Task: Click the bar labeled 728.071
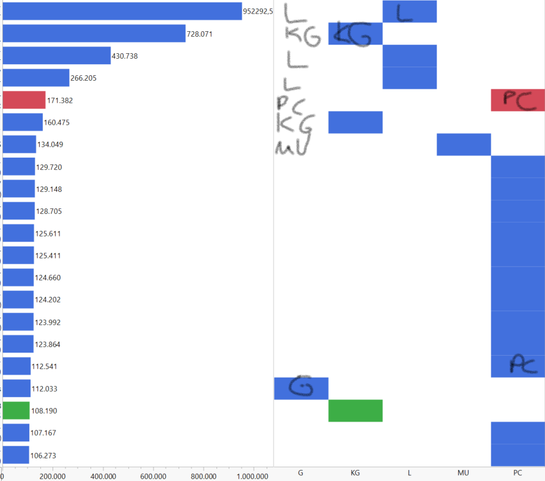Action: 94,34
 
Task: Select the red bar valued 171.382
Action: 24,100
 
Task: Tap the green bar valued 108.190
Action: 16,411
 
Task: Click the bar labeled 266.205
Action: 36,78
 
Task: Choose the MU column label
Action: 463,473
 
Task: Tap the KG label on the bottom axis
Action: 355,473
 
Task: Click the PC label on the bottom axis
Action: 517,473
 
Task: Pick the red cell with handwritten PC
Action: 517,100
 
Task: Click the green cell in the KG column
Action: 355,411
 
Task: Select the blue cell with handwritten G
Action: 301,388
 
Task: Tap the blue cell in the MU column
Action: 464,144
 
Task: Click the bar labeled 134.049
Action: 20,144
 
